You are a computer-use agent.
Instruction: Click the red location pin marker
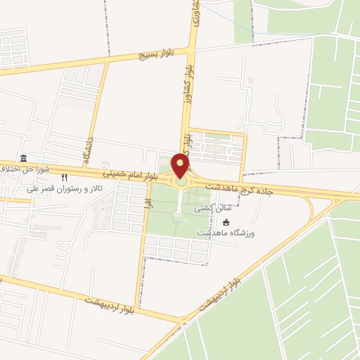click(181, 166)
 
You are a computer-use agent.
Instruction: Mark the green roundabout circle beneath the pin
click(181, 181)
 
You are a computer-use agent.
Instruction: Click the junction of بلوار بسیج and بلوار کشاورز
click(192, 49)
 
